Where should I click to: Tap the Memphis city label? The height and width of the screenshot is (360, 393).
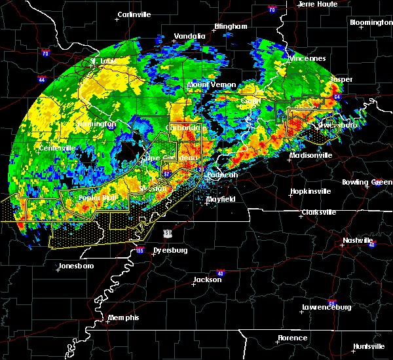tap(124, 317)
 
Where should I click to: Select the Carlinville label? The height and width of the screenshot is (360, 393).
tap(134, 14)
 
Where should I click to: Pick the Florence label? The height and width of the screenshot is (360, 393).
tap(292, 338)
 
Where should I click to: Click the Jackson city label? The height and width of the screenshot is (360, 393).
tap(207, 279)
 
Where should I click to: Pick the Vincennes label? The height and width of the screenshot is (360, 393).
tap(308, 58)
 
